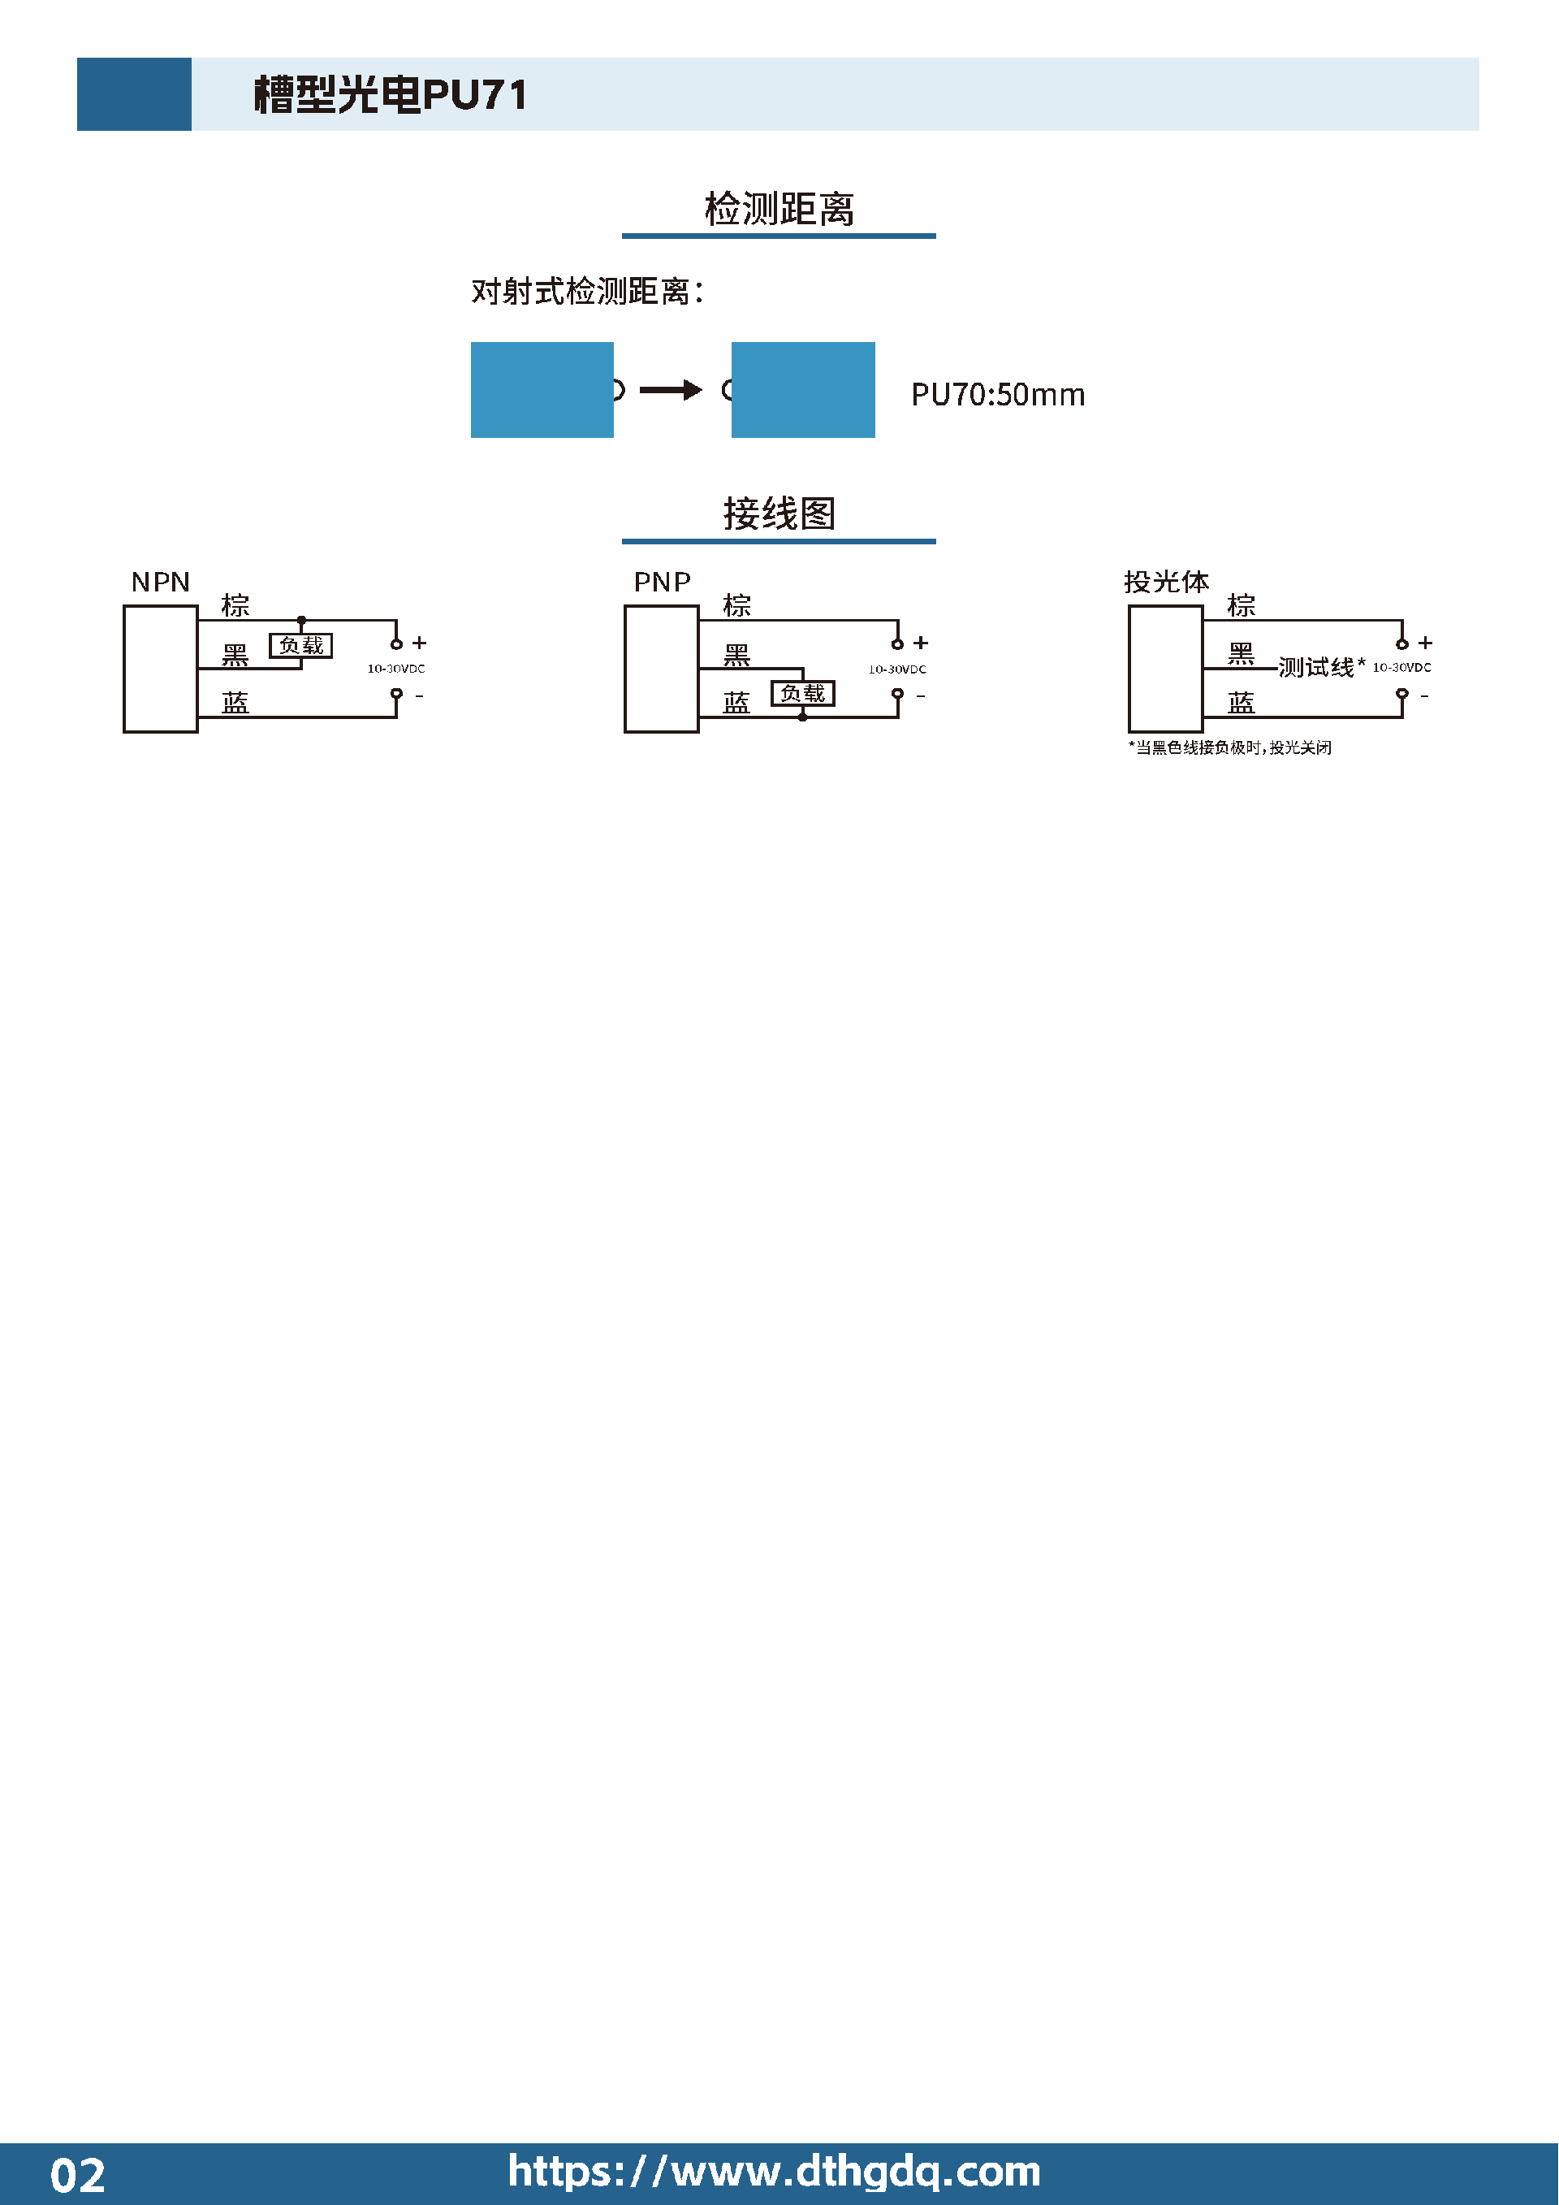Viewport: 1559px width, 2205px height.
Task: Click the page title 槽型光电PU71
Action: (390, 95)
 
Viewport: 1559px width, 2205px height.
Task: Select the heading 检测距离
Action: (779, 209)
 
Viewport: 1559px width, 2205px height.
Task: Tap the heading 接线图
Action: (779, 513)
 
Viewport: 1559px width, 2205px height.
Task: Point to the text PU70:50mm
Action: (997, 395)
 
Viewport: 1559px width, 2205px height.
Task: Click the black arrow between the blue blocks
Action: (671, 390)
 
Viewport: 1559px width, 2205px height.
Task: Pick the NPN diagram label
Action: (160, 582)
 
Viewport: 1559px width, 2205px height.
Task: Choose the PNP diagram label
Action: (662, 582)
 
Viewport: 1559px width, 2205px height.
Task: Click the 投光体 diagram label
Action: (1166, 582)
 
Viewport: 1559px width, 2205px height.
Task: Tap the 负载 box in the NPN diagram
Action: (300, 645)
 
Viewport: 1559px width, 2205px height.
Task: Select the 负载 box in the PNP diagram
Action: (802, 693)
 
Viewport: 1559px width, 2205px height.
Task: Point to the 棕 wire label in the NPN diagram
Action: (235, 605)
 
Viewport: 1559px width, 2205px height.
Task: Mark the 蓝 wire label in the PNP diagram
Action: (736, 703)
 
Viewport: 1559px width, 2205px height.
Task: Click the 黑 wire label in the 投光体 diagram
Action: (1240, 654)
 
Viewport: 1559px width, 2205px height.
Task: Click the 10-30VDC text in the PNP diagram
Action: (896, 669)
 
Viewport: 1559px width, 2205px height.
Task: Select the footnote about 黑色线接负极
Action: (1229, 747)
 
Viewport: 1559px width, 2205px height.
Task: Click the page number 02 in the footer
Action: (77, 2175)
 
